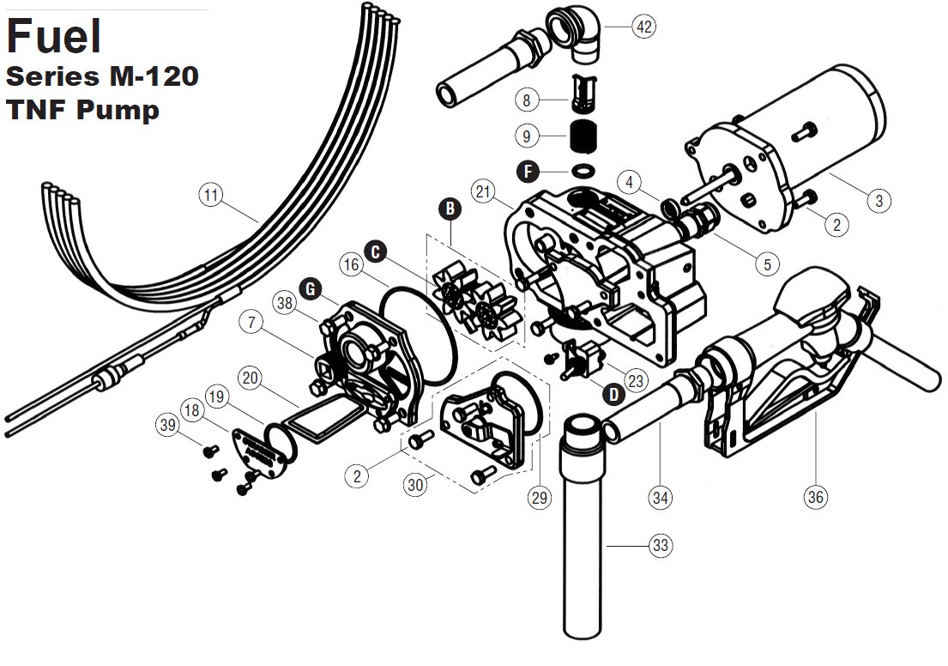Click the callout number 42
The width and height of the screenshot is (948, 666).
click(x=644, y=27)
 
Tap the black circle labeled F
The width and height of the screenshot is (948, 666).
click(x=528, y=171)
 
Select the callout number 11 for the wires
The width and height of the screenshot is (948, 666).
click(x=210, y=195)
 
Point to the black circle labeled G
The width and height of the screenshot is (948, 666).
click(x=311, y=289)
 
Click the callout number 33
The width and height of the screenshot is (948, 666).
click(x=661, y=546)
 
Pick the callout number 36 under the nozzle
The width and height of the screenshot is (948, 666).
click(x=816, y=497)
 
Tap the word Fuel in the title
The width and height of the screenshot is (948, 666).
click(x=54, y=36)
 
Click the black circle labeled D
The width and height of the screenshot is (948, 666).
click(x=613, y=395)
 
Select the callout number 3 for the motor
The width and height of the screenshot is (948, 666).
click(x=879, y=200)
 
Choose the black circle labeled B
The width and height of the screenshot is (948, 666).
click(x=450, y=209)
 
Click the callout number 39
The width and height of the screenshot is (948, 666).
click(x=167, y=425)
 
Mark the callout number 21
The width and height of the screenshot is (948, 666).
click(x=483, y=191)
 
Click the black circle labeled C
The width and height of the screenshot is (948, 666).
click(x=376, y=251)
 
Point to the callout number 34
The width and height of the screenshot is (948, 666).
click(x=661, y=497)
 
